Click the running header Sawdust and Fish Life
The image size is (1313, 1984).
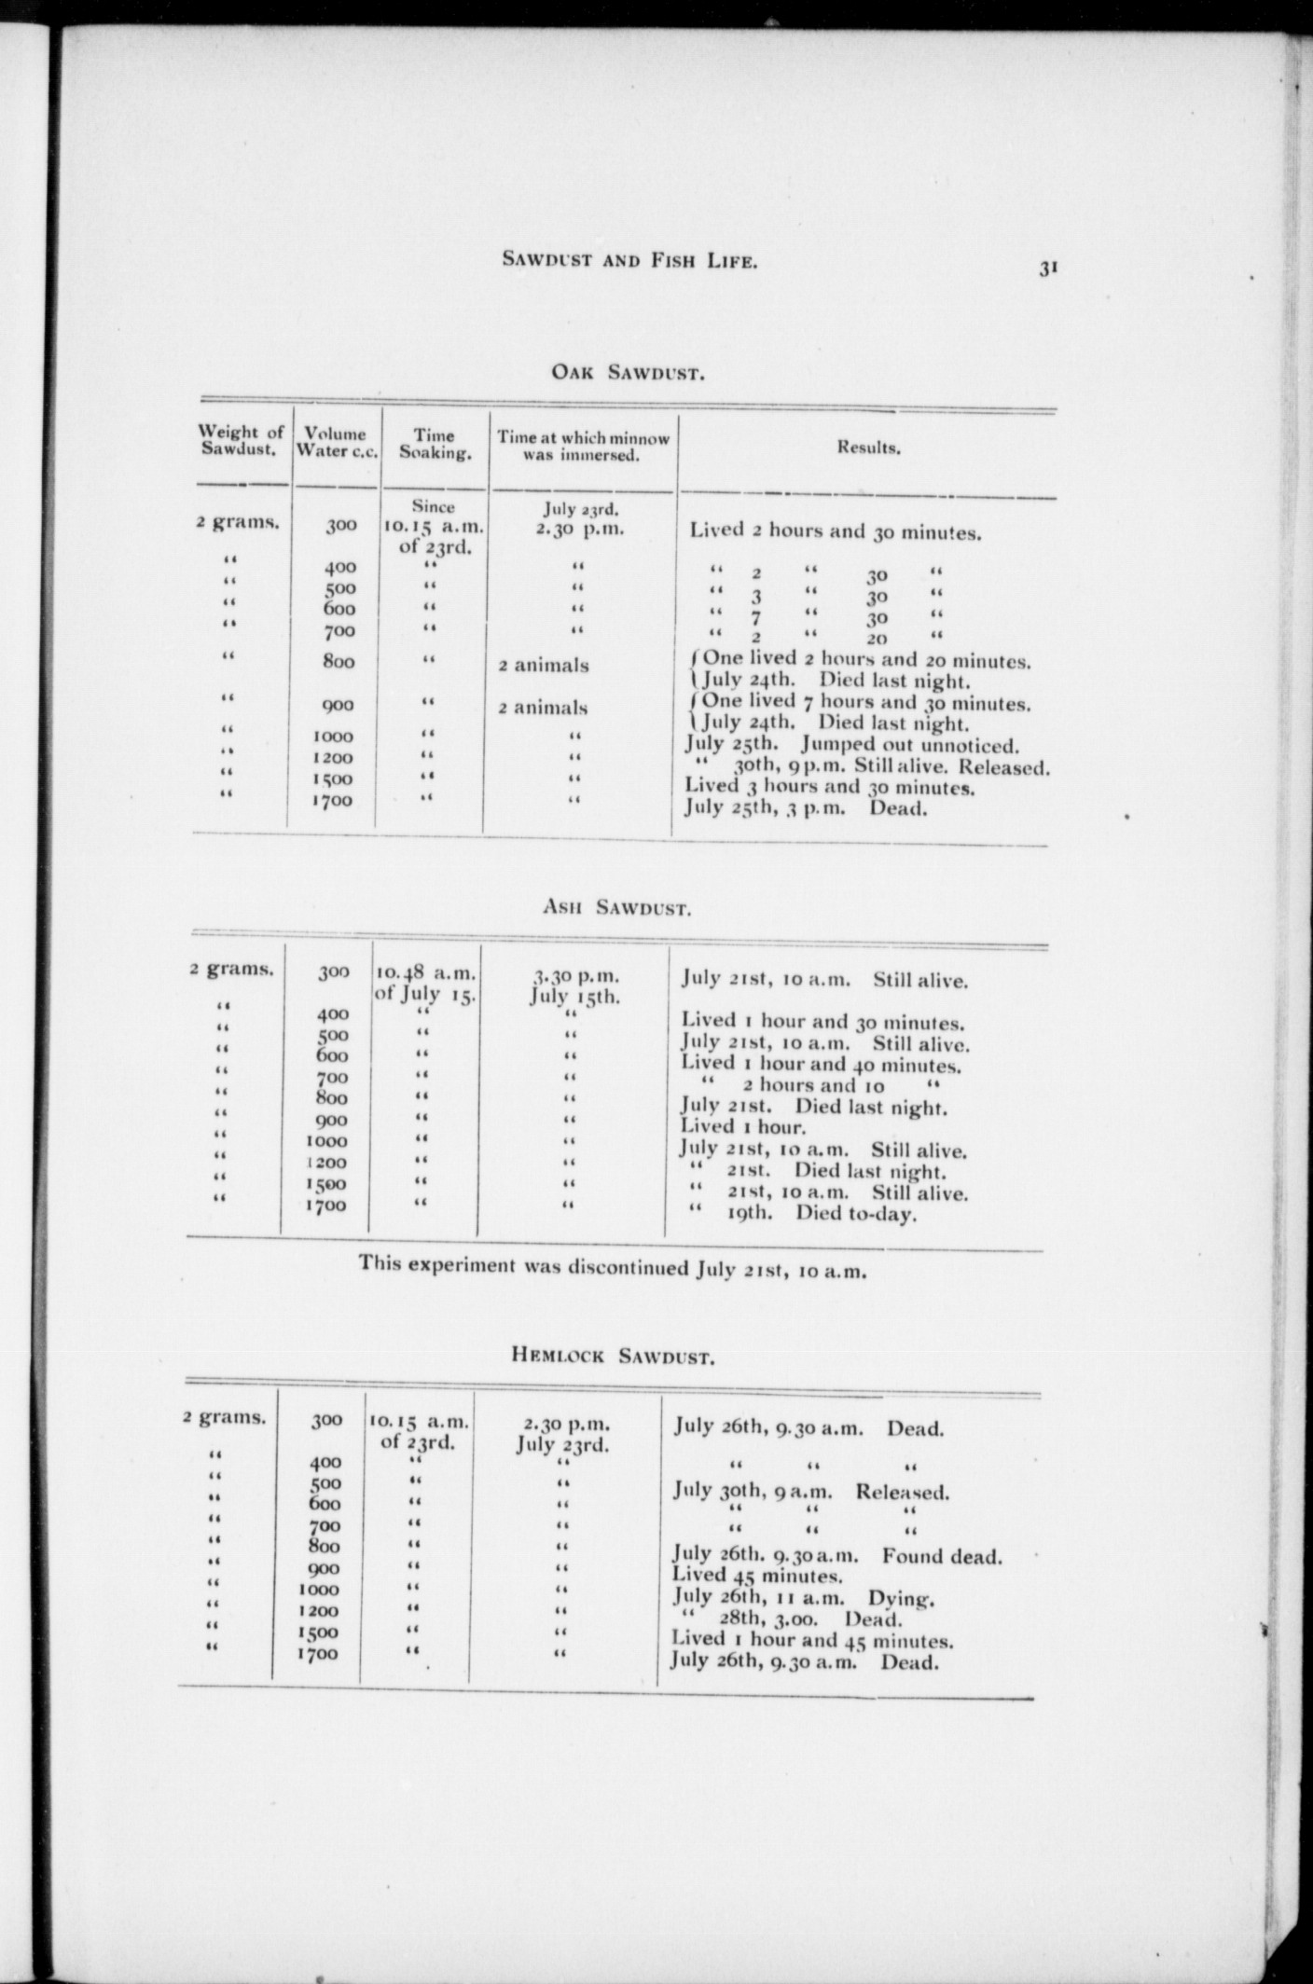[629, 262]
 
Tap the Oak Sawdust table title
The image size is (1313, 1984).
[627, 375]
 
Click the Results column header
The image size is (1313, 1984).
[867, 448]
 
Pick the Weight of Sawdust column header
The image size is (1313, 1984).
[242, 440]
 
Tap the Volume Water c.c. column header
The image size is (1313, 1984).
[335, 441]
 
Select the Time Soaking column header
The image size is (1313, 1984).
[434, 444]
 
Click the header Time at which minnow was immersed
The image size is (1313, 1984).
[582, 446]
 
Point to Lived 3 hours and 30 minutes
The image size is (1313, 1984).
[830, 787]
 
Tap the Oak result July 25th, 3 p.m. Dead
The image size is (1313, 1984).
[806, 807]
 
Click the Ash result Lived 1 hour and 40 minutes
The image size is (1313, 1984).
[822, 1063]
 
